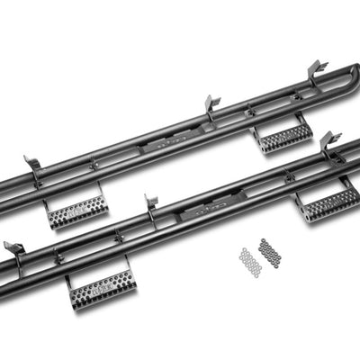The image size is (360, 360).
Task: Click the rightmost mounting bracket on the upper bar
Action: click(x=316, y=71)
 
